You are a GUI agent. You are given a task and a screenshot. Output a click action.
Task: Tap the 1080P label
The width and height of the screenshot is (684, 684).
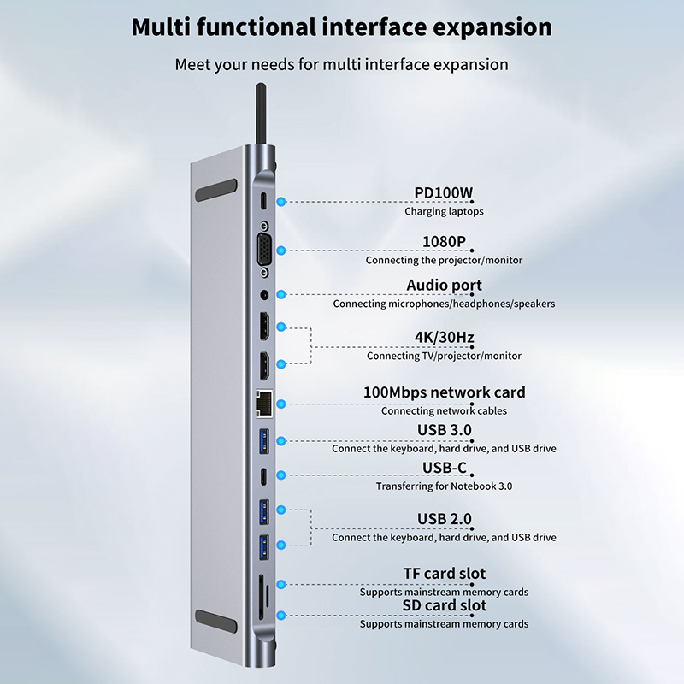click(x=444, y=242)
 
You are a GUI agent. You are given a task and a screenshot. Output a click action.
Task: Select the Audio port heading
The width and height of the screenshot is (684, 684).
click(x=444, y=285)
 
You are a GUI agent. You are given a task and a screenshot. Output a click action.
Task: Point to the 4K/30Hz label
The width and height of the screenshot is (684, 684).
click(x=444, y=337)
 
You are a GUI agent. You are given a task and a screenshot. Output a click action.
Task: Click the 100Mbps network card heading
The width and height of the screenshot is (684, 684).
click(x=444, y=392)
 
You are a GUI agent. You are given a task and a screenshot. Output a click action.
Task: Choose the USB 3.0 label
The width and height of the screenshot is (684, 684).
click(x=444, y=429)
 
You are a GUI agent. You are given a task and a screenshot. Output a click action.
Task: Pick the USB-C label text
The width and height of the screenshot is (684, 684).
click(x=444, y=468)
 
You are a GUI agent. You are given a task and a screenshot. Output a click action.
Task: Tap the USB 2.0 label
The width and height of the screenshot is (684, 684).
click(x=444, y=518)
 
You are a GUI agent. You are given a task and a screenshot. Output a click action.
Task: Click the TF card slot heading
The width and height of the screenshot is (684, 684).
click(x=444, y=573)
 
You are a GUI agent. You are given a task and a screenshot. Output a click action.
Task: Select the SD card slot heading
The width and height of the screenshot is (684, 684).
click(x=444, y=605)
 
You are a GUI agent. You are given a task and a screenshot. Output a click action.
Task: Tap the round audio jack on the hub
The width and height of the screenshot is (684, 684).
click(x=264, y=294)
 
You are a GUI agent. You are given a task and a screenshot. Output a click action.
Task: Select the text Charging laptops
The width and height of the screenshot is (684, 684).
click(x=444, y=211)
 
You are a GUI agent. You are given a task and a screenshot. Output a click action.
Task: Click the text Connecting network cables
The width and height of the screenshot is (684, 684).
click(x=444, y=410)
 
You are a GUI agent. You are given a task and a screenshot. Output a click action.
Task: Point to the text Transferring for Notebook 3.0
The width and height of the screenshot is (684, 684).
click(x=444, y=486)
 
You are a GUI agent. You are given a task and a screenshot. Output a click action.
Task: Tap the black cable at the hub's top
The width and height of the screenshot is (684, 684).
click(x=258, y=120)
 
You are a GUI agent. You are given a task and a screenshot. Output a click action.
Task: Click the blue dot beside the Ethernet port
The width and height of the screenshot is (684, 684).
click(x=283, y=402)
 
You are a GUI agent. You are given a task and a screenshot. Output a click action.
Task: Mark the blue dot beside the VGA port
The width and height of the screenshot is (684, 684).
click(x=283, y=250)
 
